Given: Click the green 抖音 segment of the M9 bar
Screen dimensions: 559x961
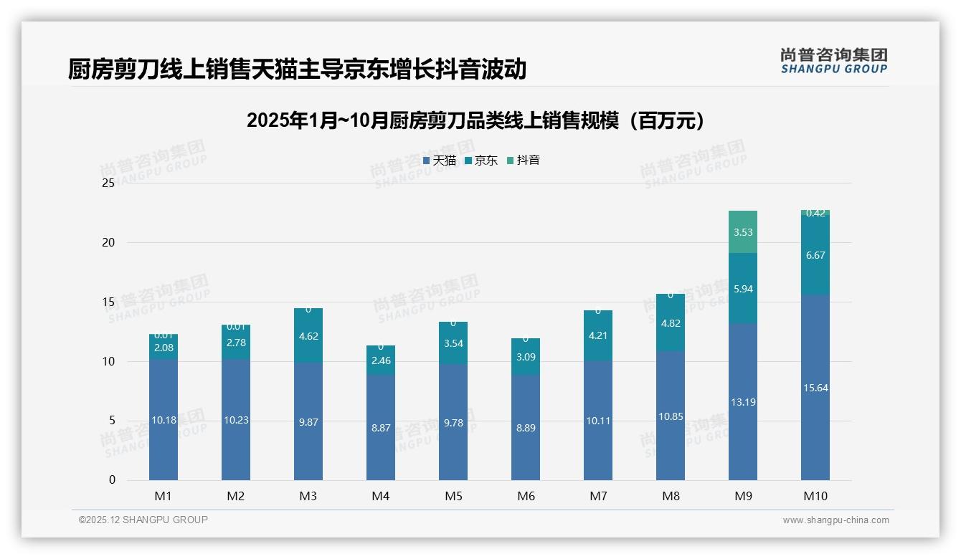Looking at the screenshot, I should click(743, 231).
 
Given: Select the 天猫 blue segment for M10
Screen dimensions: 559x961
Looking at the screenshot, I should click(815, 388).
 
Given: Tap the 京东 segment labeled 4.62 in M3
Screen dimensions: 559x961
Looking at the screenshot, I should click(308, 336).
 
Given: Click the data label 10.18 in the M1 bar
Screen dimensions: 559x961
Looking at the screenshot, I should click(164, 420).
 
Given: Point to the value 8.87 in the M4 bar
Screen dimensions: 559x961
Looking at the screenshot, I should click(381, 428).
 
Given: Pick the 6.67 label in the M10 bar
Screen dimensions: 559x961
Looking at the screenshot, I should click(815, 255).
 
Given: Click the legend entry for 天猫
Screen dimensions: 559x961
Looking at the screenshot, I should click(440, 161).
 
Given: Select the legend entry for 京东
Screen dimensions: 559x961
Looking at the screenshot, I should click(481, 161).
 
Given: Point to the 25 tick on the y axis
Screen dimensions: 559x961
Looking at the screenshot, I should click(108, 183).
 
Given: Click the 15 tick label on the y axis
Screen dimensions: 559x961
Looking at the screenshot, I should click(108, 302).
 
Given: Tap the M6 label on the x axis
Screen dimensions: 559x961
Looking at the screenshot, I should click(526, 496).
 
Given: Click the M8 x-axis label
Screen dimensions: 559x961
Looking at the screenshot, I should click(671, 496).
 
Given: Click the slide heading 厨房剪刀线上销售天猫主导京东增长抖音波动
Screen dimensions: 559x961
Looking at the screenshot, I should click(298, 69).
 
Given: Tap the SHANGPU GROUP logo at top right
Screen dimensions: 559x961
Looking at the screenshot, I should click(834, 61).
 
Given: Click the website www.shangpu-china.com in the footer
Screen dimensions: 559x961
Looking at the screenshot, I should click(835, 520).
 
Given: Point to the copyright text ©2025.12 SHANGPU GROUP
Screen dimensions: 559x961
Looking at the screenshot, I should click(143, 520).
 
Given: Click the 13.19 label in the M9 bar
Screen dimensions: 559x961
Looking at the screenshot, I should click(743, 402).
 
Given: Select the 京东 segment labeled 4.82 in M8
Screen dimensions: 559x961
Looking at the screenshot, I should click(671, 323).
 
